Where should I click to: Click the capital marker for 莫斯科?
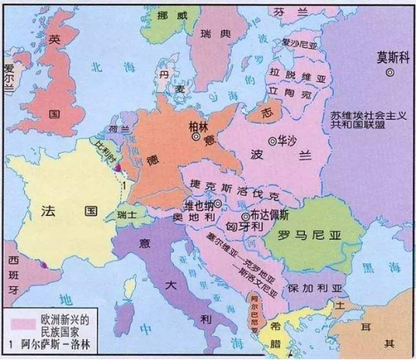coord(390,72)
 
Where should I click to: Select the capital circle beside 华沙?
coord(271,140)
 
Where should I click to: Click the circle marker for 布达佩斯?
coord(245,216)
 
